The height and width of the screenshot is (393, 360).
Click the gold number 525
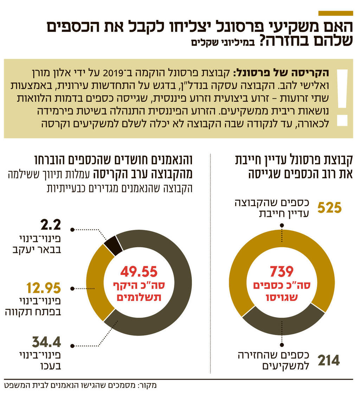pos(329,208)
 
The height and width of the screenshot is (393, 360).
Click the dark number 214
pos(329,360)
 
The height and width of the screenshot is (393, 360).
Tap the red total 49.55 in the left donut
pos(139,271)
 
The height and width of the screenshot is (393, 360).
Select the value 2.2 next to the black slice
pos(51,224)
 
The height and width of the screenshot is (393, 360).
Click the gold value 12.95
pos(44,288)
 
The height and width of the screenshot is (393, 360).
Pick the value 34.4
pos(46,341)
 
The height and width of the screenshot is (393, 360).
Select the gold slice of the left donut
pos(96,281)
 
